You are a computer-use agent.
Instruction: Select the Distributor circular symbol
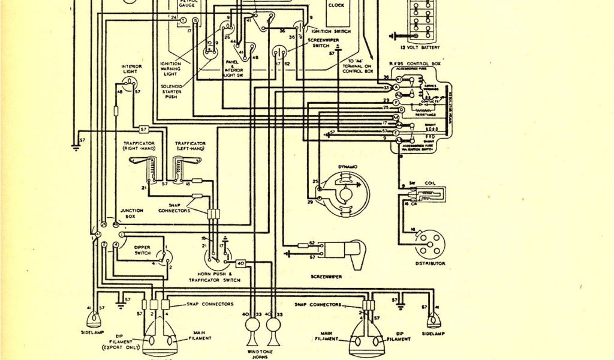point(430,244)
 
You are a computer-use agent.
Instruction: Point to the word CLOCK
point(336,5)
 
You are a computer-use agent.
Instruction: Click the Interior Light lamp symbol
point(131,83)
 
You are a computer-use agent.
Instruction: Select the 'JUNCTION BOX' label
point(131,213)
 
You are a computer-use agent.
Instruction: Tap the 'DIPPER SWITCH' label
point(142,250)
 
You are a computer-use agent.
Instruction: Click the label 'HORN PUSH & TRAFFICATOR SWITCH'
point(215,277)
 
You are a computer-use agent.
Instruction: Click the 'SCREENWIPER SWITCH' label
point(323,43)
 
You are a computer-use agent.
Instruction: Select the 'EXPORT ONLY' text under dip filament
point(122,347)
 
